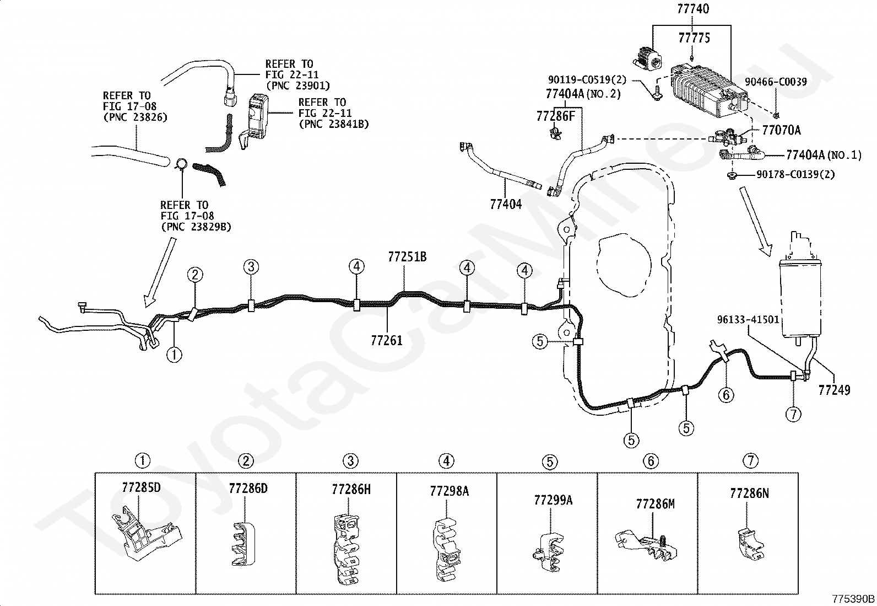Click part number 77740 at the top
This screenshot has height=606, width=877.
pos(693,9)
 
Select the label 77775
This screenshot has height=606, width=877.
pos(694,38)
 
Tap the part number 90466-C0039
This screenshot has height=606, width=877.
pos(776,82)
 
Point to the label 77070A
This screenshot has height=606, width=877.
pos(781,130)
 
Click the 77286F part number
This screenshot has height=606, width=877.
pos(556,116)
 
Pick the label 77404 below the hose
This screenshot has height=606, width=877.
pos(506,204)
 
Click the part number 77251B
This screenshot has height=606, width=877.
pos(407,257)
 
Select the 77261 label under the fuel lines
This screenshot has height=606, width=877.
pos(386,340)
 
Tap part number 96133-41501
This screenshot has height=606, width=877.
pos(748,319)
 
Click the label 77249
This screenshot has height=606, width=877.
pos(835,390)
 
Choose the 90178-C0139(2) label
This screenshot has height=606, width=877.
pos(795,174)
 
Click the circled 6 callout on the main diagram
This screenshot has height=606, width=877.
pos(726,394)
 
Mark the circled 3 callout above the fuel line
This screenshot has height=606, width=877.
pos(251,267)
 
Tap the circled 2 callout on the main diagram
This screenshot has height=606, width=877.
pos(195,275)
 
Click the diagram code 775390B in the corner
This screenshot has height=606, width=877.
pos(853,599)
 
